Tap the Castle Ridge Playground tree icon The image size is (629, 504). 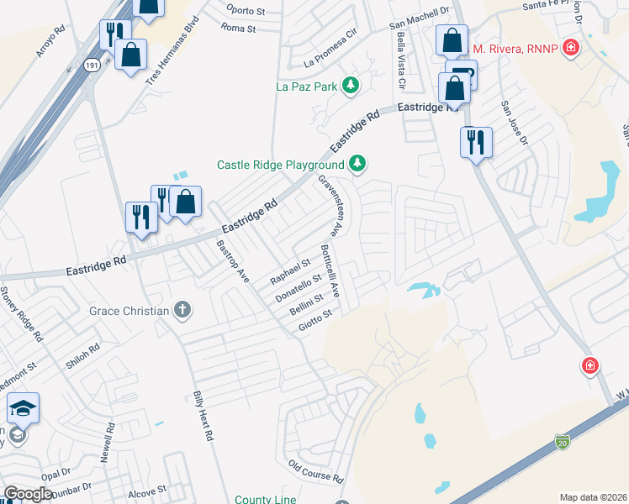358,164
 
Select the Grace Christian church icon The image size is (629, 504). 182,311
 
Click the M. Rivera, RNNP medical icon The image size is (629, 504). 571,48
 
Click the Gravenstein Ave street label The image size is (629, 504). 330,204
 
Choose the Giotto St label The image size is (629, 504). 318,320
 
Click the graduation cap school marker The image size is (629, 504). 24,409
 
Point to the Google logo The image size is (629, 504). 29,494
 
